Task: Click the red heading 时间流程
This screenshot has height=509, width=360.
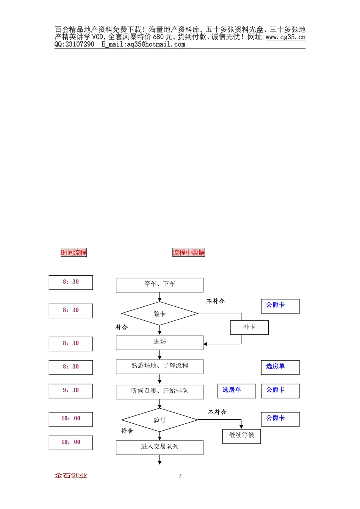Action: tap(74, 253)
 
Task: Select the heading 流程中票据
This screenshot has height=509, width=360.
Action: tap(188, 253)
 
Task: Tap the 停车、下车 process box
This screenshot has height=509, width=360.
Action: tap(160, 285)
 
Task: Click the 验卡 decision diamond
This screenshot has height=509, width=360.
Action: tap(160, 314)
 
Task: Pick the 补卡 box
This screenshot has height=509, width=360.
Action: tap(249, 327)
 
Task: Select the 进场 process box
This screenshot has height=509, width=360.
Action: tap(160, 342)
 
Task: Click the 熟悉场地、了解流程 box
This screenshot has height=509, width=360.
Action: tap(160, 366)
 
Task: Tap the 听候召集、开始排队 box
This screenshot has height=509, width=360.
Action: tap(160, 392)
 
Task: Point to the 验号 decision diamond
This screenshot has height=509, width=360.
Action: tap(160, 420)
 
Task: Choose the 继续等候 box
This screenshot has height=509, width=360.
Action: tap(241, 436)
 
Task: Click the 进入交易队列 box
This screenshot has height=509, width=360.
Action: tap(160, 447)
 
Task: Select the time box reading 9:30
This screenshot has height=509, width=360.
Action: tap(71, 391)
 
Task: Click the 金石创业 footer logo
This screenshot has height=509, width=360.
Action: tap(71, 476)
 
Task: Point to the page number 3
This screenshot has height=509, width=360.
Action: tap(180, 476)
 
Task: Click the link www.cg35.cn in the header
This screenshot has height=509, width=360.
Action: tap(285, 37)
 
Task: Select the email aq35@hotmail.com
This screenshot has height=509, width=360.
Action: tap(156, 44)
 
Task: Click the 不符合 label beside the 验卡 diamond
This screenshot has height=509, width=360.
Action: tap(216, 301)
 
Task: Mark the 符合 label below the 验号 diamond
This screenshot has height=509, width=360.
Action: tap(127, 431)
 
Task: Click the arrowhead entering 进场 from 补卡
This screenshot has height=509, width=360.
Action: tap(205, 344)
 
